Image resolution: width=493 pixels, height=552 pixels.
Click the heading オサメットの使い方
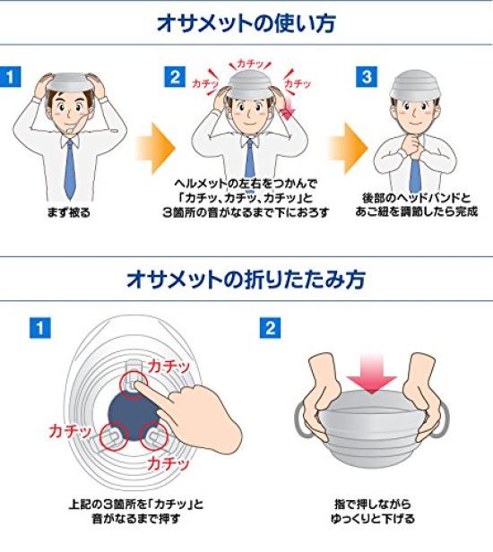coord(246,22)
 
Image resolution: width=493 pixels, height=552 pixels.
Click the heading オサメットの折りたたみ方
coord(246,280)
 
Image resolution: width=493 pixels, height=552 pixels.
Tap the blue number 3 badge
coord(366,76)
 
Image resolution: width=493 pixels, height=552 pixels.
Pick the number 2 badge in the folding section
coord(269,328)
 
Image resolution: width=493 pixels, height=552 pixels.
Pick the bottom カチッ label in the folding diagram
coord(168,464)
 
